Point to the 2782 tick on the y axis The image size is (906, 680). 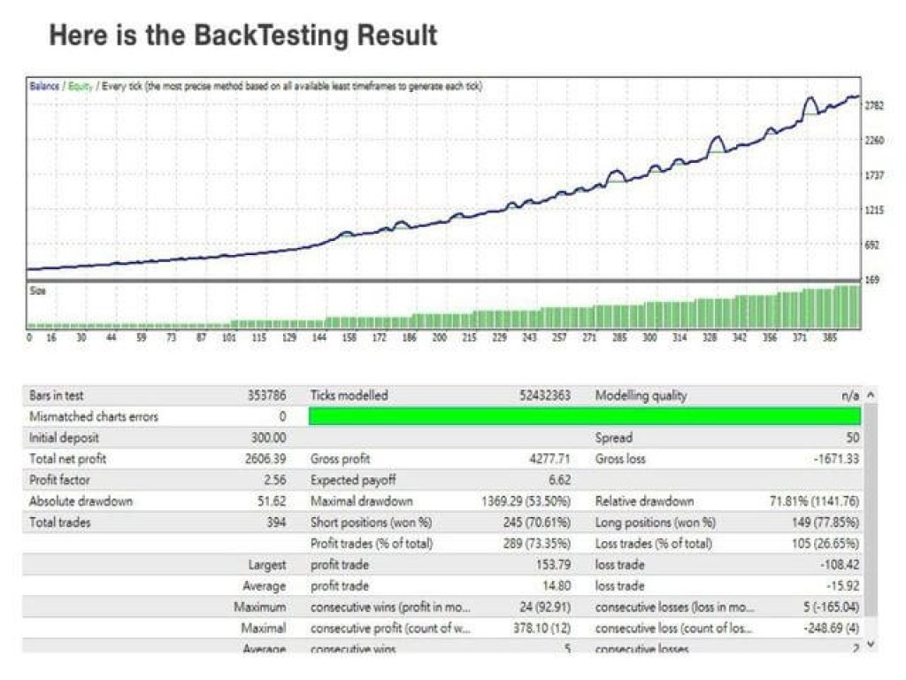(874, 105)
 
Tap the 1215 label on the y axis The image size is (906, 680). (874, 210)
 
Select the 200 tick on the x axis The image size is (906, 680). (439, 337)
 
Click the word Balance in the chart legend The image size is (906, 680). (44, 87)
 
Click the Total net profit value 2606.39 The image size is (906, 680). (265, 459)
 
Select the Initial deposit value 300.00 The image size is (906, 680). (268, 437)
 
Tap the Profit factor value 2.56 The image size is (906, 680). (273, 480)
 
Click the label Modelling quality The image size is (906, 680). (641, 396)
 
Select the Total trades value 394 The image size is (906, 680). (276, 522)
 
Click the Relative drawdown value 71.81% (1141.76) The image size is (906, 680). (814, 501)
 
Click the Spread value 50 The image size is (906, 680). (851, 437)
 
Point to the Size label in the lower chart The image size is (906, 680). (37, 290)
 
